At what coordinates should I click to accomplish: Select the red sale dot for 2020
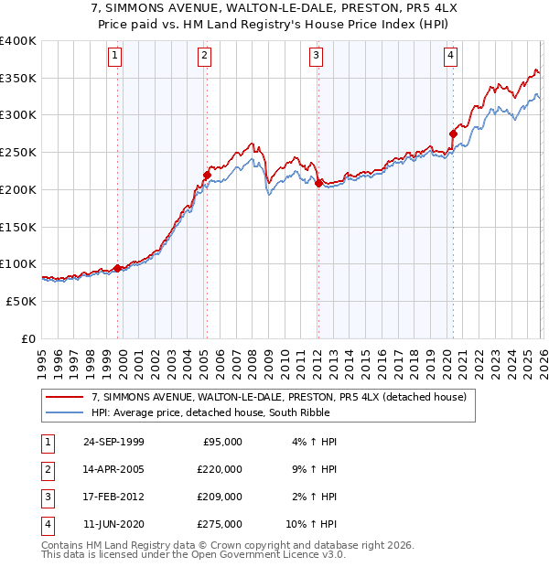[453, 134]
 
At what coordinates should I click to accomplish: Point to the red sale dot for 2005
[207, 175]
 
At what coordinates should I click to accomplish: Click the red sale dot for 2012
[318, 183]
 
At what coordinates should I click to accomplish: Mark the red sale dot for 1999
[117, 268]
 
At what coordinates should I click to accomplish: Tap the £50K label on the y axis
[21, 301]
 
